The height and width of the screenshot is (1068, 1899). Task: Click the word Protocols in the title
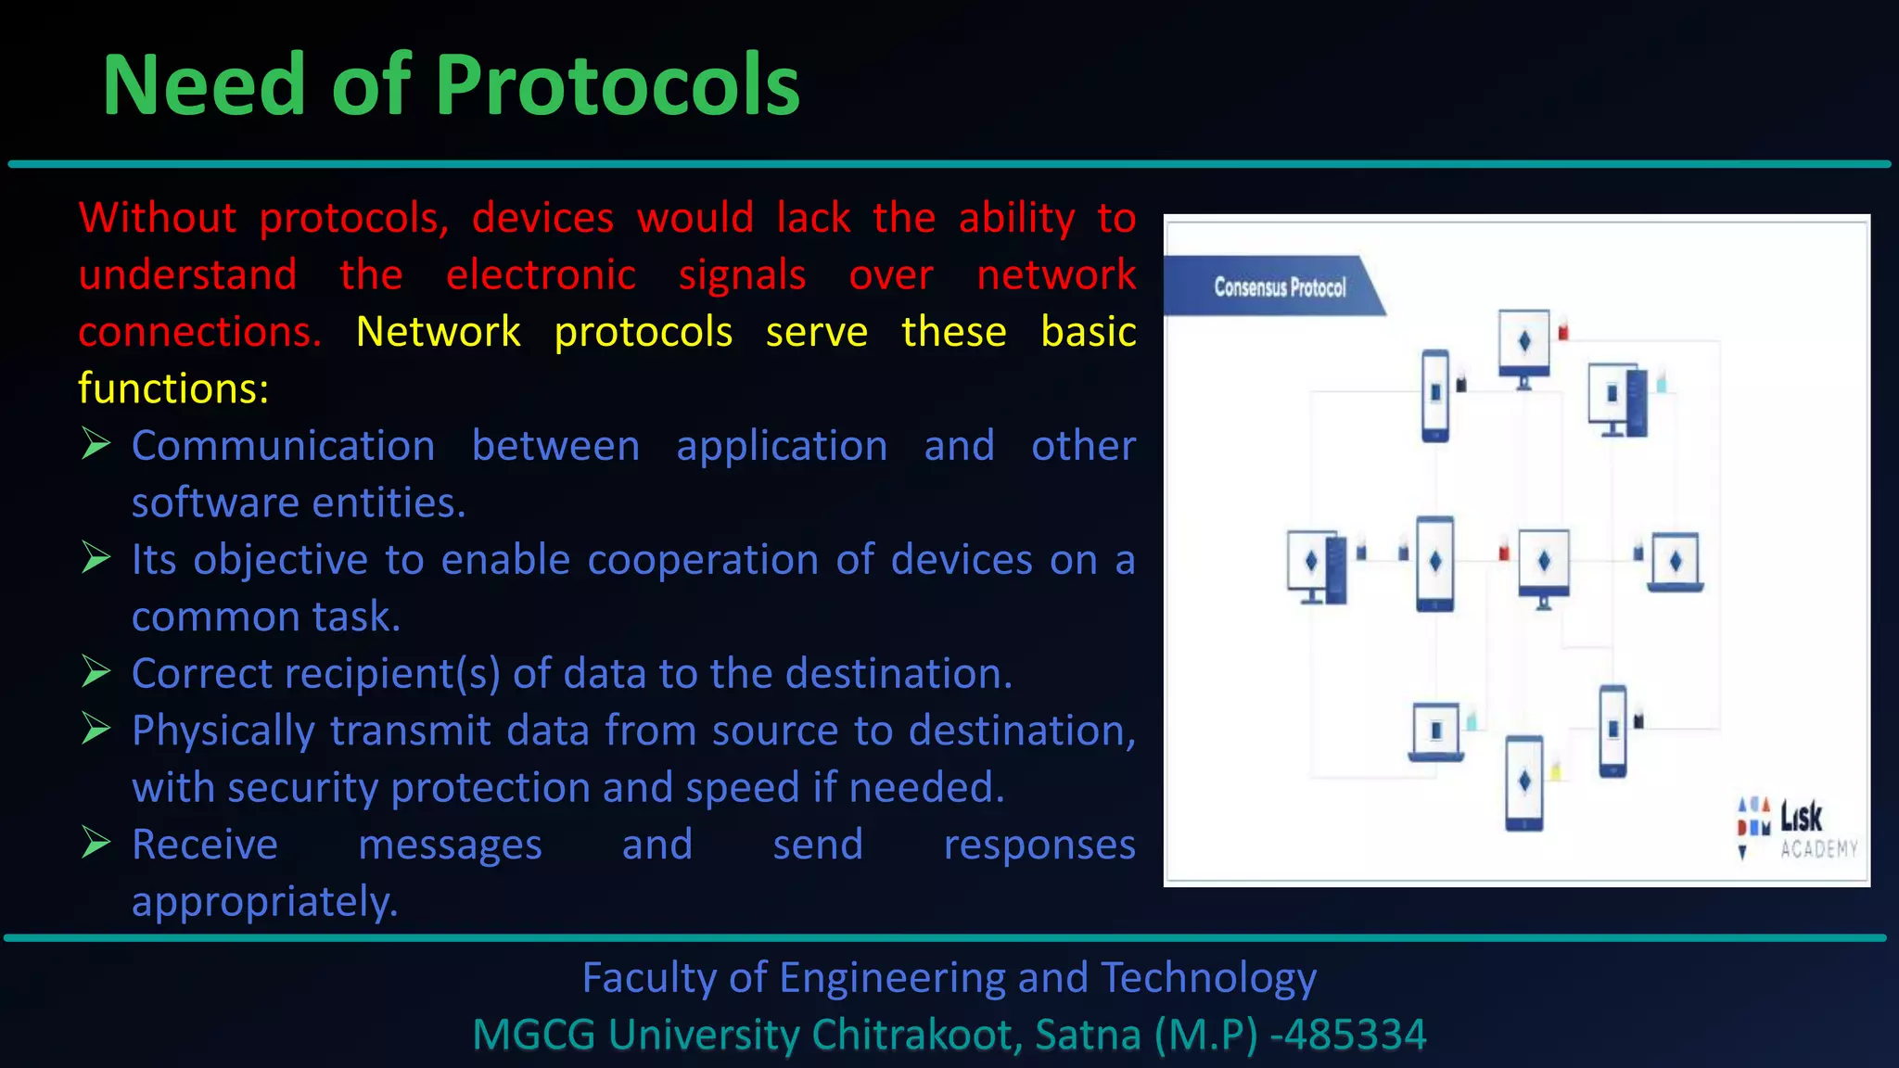pos(617,86)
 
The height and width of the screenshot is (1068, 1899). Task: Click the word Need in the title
pos(204,86)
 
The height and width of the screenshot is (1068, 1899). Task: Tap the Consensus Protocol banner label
pos(1279,287)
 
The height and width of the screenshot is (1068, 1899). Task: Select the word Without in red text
pos(158,219)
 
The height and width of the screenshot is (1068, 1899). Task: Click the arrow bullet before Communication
pos(96,444)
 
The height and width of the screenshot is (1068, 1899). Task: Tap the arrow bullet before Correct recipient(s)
pos(96,672)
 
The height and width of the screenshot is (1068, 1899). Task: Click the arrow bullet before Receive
pos(96,843)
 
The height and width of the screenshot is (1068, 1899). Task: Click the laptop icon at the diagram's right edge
pos(1675,563)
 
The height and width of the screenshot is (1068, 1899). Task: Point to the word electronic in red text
pos(541,275)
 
